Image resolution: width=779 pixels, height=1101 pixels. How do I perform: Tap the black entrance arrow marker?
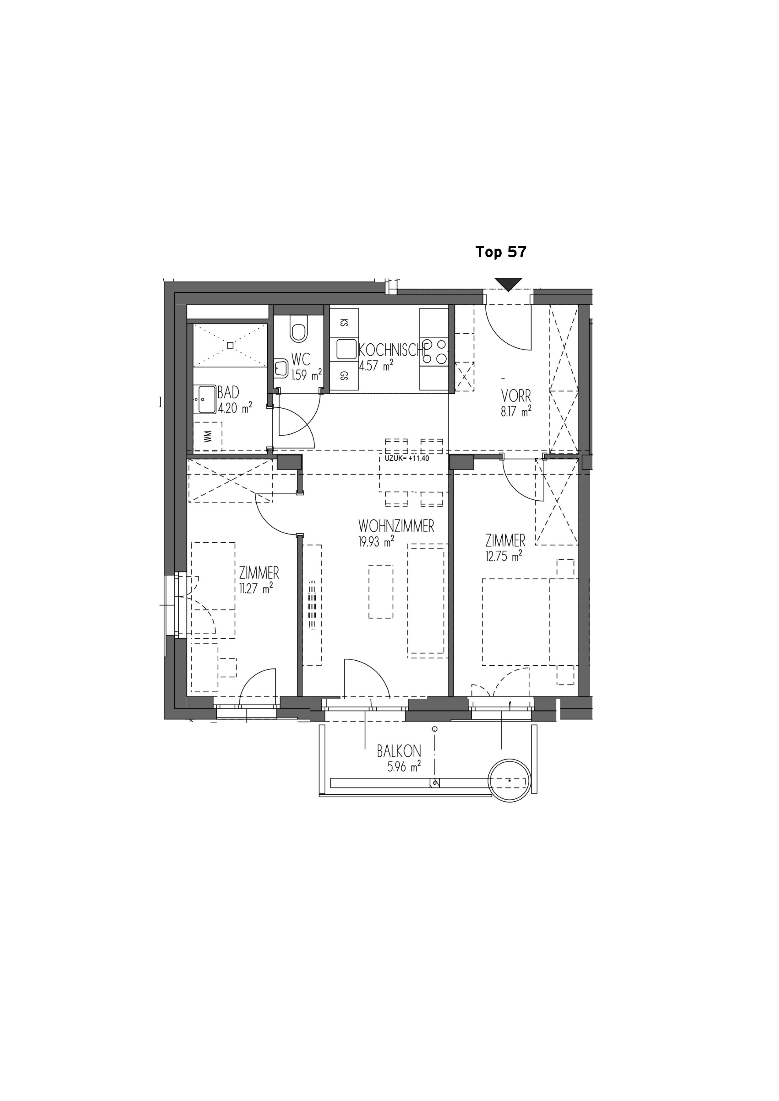pos(508,284)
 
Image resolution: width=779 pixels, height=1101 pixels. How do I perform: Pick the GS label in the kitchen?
pos(344,375)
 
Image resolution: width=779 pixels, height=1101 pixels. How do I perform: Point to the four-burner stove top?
pos(434,352)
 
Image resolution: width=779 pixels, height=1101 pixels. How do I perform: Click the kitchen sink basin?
pos(346,349)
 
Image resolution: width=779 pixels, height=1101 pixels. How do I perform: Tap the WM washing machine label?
pos(208,436)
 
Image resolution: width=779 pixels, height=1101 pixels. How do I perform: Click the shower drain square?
pos(230,345)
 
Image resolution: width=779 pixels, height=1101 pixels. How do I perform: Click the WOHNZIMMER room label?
pos(396,527)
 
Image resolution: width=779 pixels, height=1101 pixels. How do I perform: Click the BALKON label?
pos(399,751)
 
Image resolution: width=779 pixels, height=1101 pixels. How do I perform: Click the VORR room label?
pos(516,396)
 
